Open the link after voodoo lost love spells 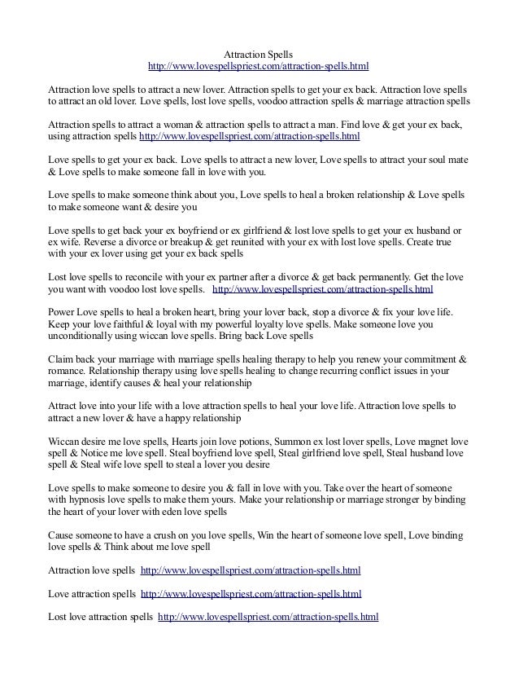(x=322, y=290)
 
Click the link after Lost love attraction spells (x=269, y=617)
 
